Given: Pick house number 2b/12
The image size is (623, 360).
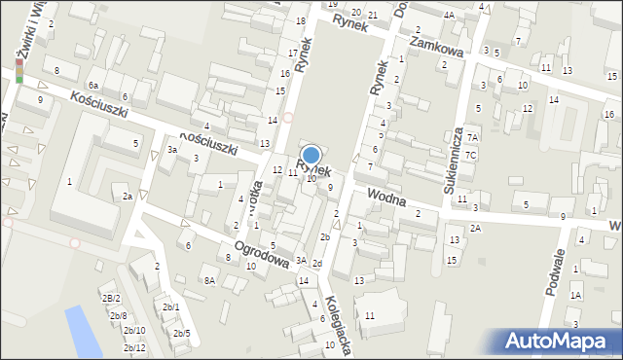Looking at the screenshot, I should tap(134, 347).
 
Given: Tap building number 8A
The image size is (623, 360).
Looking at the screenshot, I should tap(208, 280).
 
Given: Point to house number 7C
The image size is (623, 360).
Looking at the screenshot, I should tap(470, 155).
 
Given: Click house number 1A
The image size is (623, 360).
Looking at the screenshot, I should tap(575, 295).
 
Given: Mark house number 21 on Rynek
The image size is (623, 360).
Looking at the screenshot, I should tap(374, 13).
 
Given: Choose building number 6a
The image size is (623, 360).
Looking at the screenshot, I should tap(94, 86).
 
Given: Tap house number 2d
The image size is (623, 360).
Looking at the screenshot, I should tap(316, 264).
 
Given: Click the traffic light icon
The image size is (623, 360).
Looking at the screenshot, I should tap(18, 70).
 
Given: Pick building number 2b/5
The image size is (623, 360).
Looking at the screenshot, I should tap(181, 334).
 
